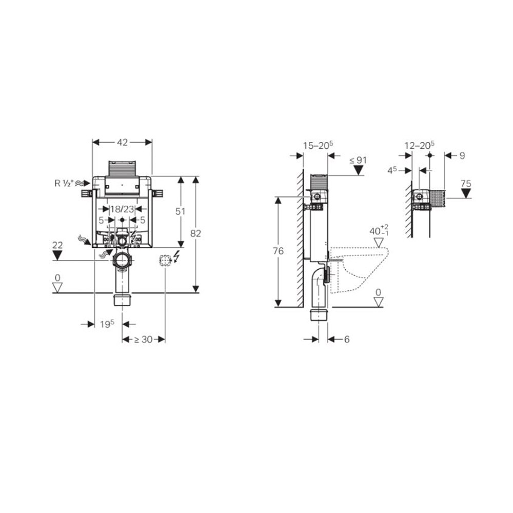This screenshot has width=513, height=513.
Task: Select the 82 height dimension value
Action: coord(195,233)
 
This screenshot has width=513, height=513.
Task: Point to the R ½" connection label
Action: coord(65,183)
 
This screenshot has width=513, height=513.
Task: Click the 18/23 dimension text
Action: coord(122,209)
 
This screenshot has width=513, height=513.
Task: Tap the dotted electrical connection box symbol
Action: coord(165,261)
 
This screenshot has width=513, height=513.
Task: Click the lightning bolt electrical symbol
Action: coord(177,256)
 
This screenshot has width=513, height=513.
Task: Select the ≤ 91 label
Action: coord(359,160)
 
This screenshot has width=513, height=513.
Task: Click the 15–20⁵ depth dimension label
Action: coord(318,145)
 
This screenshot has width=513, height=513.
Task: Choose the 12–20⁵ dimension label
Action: coord(419,145)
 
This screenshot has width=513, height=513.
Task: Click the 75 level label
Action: coord(465,183)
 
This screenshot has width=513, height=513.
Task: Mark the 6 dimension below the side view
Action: coord(347,339)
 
